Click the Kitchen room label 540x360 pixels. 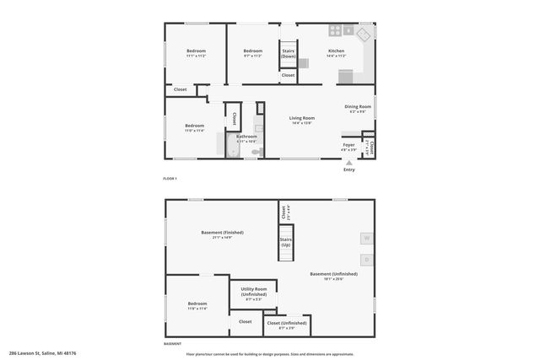336,51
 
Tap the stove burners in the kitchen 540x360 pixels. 335,31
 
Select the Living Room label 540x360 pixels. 302,118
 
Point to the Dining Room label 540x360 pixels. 358,106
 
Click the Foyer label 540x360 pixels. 348,144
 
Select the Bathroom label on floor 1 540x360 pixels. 246,137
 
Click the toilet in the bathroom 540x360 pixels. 256,152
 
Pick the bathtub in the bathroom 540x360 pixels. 232,145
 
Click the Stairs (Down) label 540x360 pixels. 289,53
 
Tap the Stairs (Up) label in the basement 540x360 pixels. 286,242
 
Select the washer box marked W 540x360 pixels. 367,239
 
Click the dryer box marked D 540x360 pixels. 367,259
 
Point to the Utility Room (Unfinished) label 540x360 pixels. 254,293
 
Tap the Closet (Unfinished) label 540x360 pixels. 286,322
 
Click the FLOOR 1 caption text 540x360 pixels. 170,179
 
